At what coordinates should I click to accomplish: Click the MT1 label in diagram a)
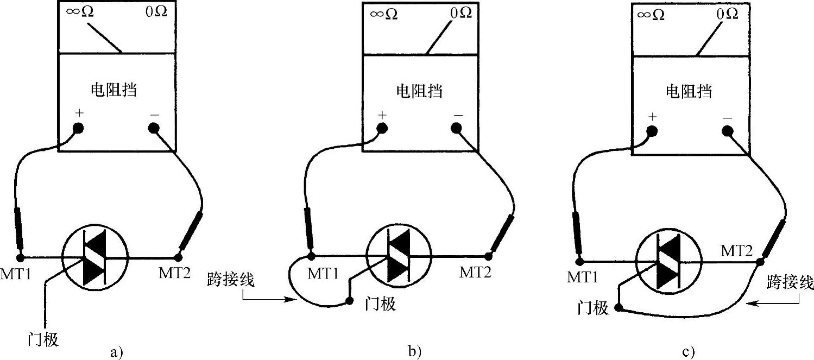(20, 275)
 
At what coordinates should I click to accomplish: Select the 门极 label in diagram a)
(43, 340)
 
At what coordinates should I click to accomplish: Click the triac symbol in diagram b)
(400, 257)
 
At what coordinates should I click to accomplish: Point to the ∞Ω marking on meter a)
(79, 11)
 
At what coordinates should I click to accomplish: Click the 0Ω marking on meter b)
(461, 12)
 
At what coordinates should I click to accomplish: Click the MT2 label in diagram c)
(736, 251)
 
